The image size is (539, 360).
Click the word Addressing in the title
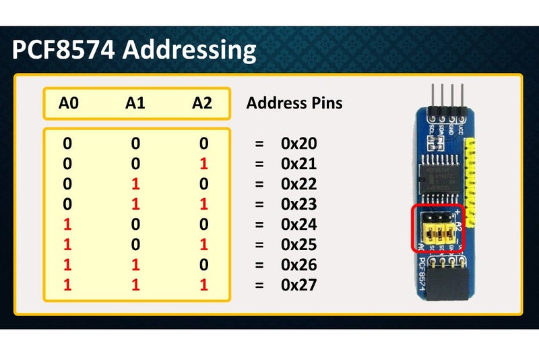[x=193, y=51]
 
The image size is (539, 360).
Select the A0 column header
[x=68, y=103]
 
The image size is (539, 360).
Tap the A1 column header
[x=135, y=103]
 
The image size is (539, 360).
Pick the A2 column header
[x=201, y=103]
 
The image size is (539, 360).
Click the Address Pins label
[x=294, y=103]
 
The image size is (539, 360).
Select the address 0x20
[x=298, y=144]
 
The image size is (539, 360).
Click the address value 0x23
[x=298, y=204]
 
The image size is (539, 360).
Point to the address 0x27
[x=298, y=285]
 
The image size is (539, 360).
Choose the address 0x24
[x=298, y=224]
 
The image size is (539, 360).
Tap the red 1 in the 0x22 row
[x=135, y=184]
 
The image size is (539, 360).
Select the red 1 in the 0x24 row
[x=67, y=224]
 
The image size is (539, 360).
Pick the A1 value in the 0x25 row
[x=135, y=245]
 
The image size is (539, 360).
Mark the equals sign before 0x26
[x=259, y=265]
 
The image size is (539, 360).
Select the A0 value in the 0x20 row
[x=67, y=144]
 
